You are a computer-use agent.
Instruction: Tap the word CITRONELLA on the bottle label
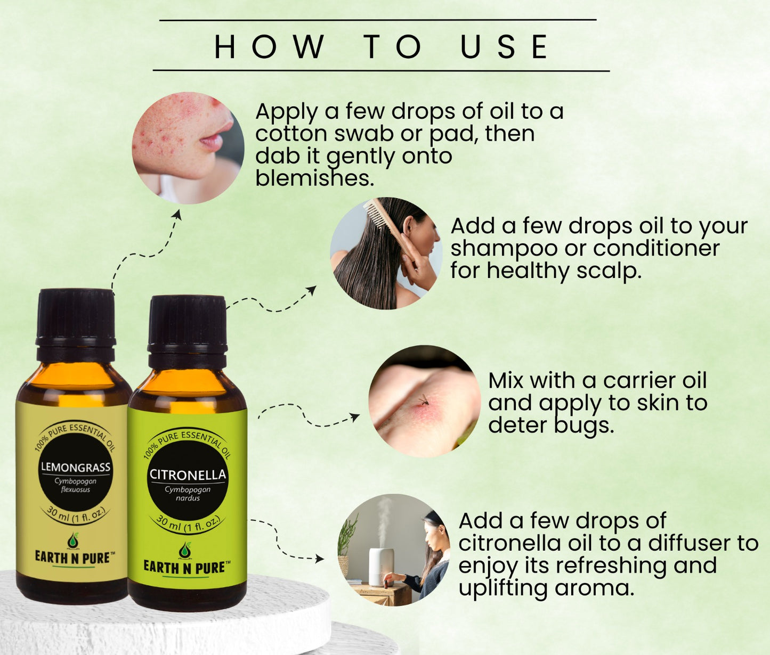188,474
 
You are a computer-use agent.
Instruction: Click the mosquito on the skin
424,400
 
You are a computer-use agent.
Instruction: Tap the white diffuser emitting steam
379,567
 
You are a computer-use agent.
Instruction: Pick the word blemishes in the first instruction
314,178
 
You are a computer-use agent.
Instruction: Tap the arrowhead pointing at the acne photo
177,215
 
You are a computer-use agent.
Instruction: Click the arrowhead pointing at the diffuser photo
319,559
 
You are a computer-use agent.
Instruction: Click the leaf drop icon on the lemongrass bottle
74,541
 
